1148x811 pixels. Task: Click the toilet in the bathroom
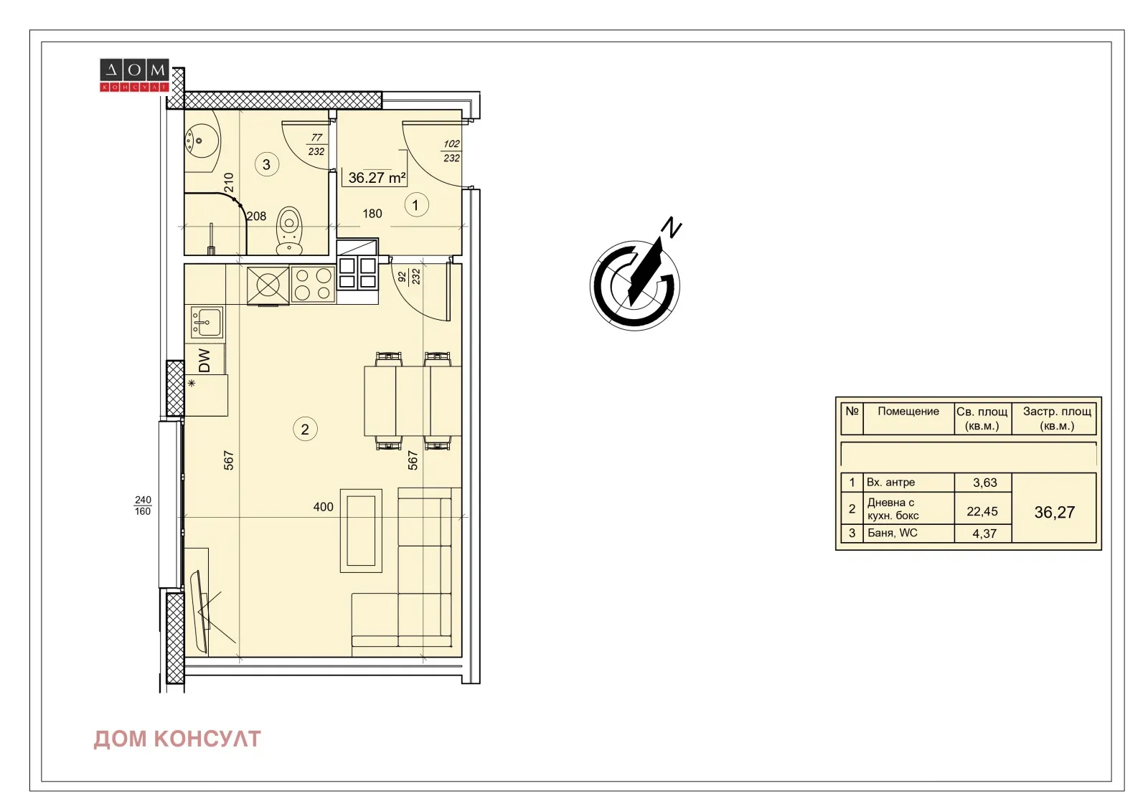pyautogui.click(x=289, y=231)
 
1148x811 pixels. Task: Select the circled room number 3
pyautogui.click(x=266, y=165)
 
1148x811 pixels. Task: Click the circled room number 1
pyautogui.click(x=415, y=205)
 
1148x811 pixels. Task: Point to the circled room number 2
pyautogui.click(x=305, y=430)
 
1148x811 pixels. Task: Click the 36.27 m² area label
pyautogui.click(x=376, y=177)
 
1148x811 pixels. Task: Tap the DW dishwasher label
pyautogui.click(x=204, y=360)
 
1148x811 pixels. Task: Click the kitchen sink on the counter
pyautogui.click(x=207, y=322)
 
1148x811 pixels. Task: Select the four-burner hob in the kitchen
pyautogui.click(x=313, y=284)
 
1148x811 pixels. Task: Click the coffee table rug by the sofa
pyautogui.click(x=361, y=531)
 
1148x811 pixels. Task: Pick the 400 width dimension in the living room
pyautogui.click(x=323, y=507)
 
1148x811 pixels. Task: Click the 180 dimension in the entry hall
pyautogui.click(x=372, y=214)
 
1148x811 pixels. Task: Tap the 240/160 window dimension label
pyautogui.click(x=143, y=506)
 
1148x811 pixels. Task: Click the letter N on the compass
pyautogui.click(x=672, y=227)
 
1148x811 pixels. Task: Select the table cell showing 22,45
pyautogui.click(x=982, y=511)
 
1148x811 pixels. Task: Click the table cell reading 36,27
pyautogui.click(x=1054, y=512)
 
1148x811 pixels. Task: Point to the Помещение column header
pyautogui.click(x=908, y=412)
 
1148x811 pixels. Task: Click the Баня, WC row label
pyautogui.click(x=893, y=533)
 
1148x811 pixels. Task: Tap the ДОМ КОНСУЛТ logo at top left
pyautogui.click(x=134, y=75)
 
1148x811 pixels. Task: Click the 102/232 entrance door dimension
pyautogui.click(x=451, y=151)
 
